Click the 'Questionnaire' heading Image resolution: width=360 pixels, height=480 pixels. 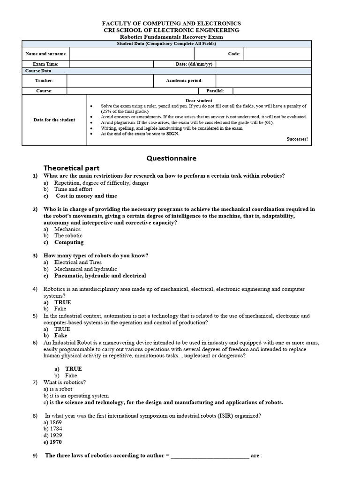[171, 158]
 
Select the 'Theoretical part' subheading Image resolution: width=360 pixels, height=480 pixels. [71, 168]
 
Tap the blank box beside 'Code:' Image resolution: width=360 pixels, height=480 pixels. [277, 54]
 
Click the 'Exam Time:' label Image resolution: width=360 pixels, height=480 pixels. [45, 64]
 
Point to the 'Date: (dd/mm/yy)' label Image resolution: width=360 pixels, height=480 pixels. [194, 64]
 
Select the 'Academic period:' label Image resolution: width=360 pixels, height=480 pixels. [184, 81]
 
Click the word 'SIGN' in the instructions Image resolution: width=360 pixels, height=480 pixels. [172, 134]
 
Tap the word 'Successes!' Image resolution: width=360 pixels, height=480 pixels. [297, 139]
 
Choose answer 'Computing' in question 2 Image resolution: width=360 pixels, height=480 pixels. [69, 242]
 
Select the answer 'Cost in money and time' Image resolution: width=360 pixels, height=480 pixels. [86, 196]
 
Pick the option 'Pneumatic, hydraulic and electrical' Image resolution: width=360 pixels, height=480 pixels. [100, 276]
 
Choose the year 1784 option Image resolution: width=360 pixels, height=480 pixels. [55, 429]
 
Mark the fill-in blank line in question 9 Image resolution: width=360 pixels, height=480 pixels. [210, 456]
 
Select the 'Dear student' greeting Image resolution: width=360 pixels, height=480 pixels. [199, 101]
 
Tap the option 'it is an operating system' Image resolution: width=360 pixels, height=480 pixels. [79, 396]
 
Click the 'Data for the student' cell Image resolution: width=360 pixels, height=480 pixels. [54, 120]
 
